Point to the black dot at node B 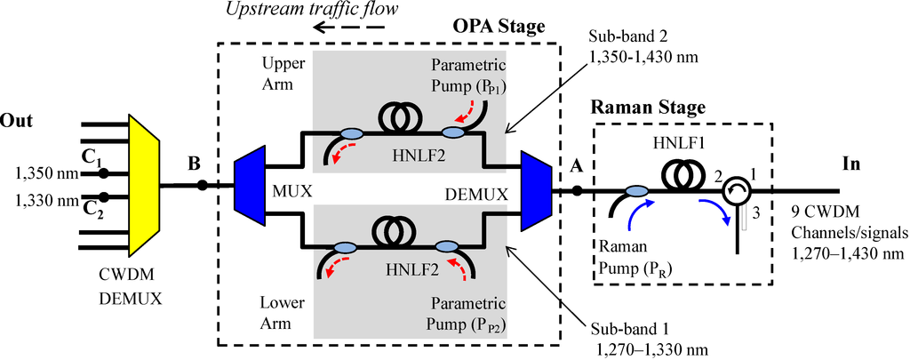pyautogui.click(x=203, y=185)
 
